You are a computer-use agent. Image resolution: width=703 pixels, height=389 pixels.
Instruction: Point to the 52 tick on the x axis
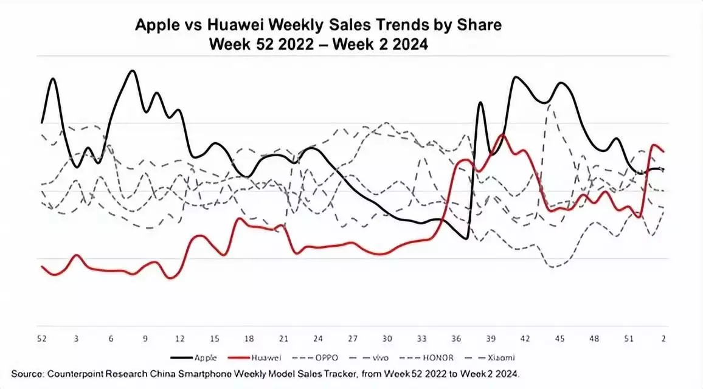pyautogui.click(x=42, y=338)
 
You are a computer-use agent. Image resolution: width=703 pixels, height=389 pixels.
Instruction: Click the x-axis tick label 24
pyautogui.click(x=318, y=338)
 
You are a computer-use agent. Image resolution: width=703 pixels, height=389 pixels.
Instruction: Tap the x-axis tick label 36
pyautogui.click(x=456, y=338)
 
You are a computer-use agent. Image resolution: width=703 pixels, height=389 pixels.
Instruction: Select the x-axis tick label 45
pyautogui.click(x=559, y=338)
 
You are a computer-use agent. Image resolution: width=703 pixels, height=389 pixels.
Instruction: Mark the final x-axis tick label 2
pyautogui.click(x=663, y=338)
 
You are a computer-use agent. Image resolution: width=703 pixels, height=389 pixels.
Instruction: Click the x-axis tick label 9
pyautogui.click(x=145, y=338)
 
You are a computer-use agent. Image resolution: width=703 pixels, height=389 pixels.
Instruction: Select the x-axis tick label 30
pyautogui.click(x=387, y=338)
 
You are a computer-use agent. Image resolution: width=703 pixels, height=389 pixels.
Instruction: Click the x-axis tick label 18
pyautogui.click(x=249, y=338)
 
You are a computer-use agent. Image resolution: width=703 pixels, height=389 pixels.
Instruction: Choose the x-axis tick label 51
pyautogui.click(x=629, y=338)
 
